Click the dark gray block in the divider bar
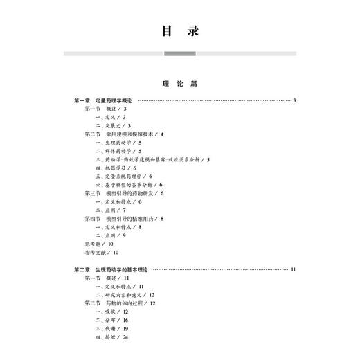pos(179,53)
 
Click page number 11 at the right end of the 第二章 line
pos(294,269)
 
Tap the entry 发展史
pos(110,125)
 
